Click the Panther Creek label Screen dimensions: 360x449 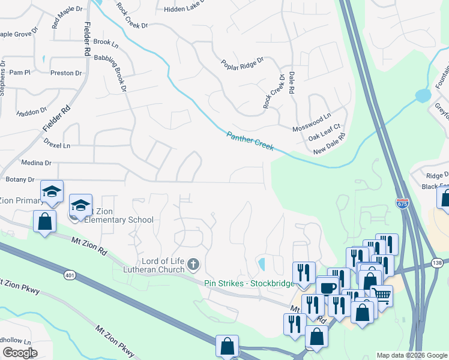(x=250, y=141)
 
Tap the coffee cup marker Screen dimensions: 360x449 (x=328, y=288)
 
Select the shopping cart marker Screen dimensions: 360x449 (x=381, y=295)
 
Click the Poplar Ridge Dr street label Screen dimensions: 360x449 (x=243, y=62)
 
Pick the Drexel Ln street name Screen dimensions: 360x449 (x=57, y=145)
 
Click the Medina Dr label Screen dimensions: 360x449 (x=37, y=163)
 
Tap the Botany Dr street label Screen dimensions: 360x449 (x=20, y=179)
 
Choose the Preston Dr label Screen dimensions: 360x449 (x=66, y=73)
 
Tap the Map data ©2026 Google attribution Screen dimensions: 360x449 (x=411, y=355)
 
